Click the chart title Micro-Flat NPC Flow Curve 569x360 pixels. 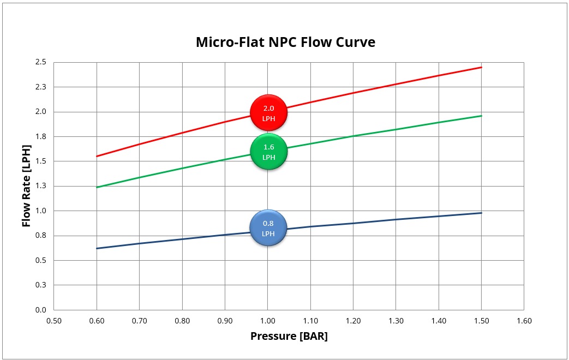pyautogui.click(x=285, y=42)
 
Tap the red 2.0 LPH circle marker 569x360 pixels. pyautogui.click(x=268, y=113)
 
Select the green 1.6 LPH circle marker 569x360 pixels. pyautogui.click(x=268, y=151)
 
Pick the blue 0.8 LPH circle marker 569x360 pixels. pyautogui.click(x=268, y=227)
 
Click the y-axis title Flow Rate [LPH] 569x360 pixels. pyautogui.click(x=26, y=186)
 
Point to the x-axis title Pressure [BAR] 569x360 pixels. pyautogui.click(x=289, y=336)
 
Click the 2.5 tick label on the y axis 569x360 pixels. pyautogui.click(x=41, y=62)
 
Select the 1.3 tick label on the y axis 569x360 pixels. pyautogui.click(x=41, y=186)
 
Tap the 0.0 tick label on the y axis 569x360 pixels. pyautogui.click(x=41, y=310)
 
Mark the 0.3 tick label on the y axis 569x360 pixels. pyautogui.click(x=41, y=285)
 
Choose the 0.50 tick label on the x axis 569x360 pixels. pyautogui.click(x=54, y=321)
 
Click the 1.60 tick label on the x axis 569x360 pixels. pyautogui.click(x=524, y=321)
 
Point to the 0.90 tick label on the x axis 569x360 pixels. pyautogui.click(x=225, y=321)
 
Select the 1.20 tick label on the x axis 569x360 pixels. pyautogui.click(x=353, y=321)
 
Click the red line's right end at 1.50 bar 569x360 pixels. pyautogui.click(x=481, y=67)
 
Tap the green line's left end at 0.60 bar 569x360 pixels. pyautogui.click(x=97, y=187)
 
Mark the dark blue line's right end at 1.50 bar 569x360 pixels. pyautogui.click(x=481, y=213)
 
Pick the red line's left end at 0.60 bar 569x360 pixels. pyautogui.click(x=97, y=156)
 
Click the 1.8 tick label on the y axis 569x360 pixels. pyautogui.click(x=41, y=136)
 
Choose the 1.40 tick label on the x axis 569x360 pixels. pyautogui.click(x=439, y=321)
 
